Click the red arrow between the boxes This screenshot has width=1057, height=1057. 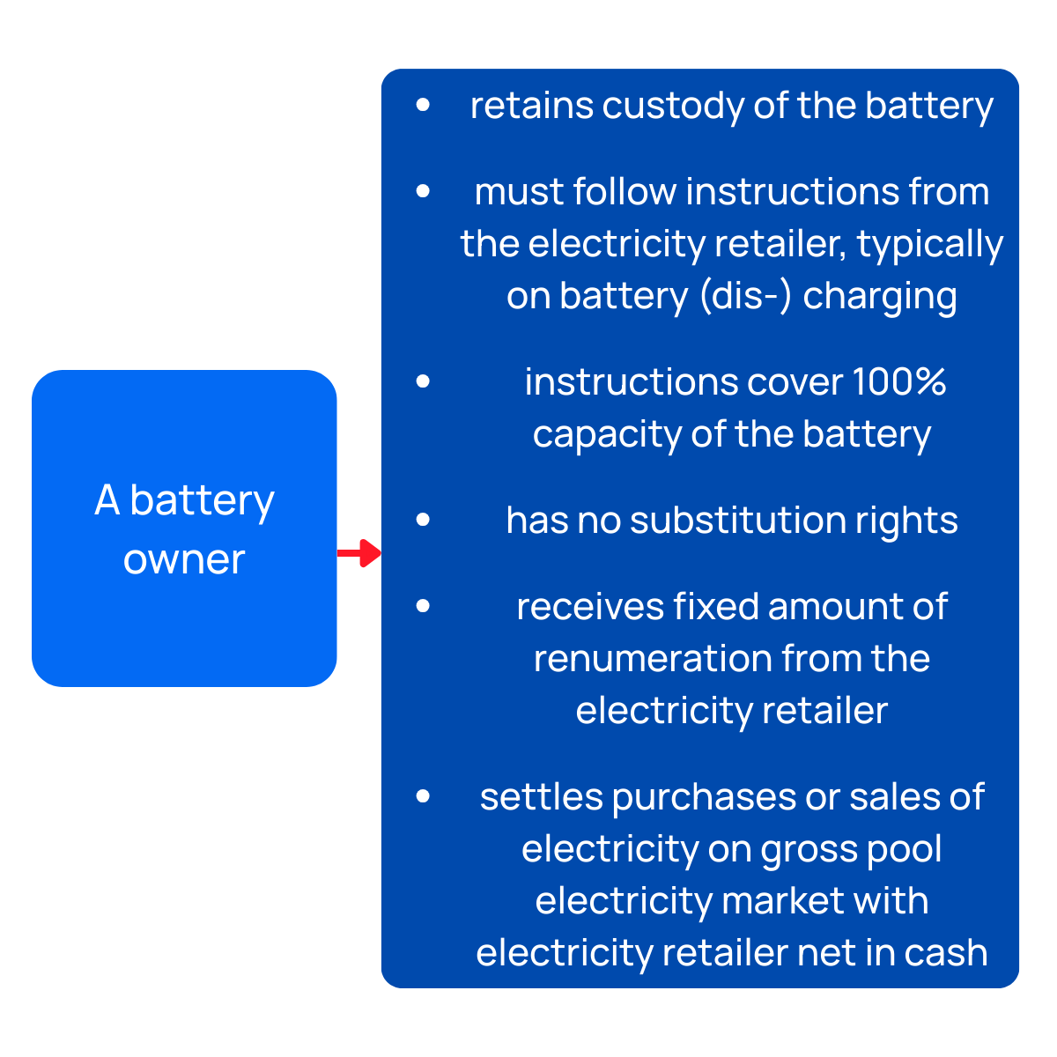359,553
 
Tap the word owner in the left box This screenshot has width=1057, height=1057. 184,559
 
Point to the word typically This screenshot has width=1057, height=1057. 930,244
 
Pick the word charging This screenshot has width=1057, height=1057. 880,296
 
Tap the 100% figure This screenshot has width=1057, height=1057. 899,382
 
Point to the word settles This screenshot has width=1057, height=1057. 541,797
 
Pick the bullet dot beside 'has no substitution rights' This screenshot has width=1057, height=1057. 424,520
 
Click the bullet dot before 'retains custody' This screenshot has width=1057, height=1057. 424,105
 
